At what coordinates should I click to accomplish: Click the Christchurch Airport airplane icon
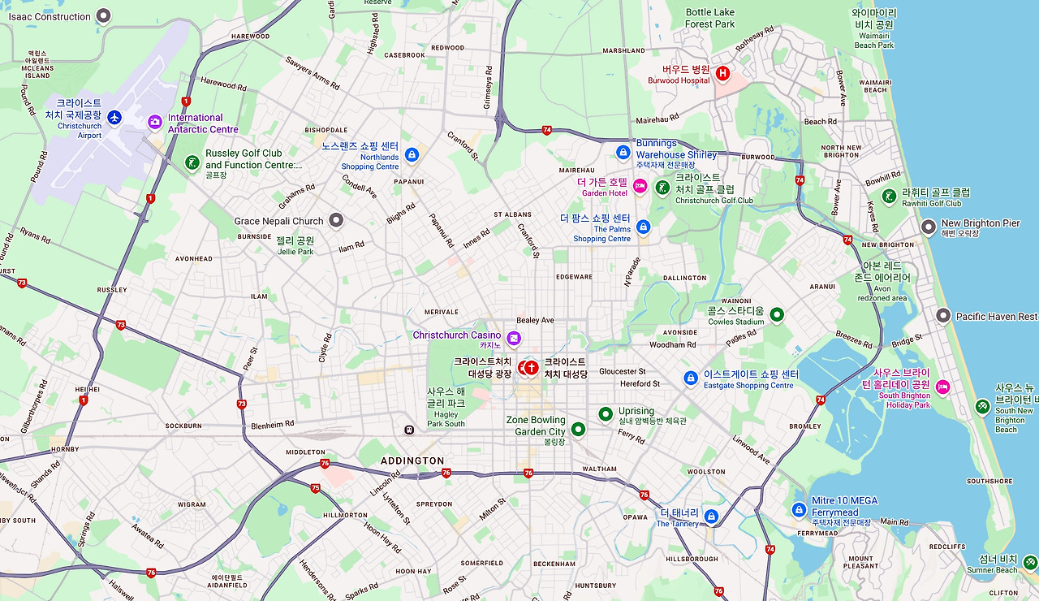(x=114, y=119)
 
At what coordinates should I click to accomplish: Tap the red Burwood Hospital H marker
(x=722, y=74)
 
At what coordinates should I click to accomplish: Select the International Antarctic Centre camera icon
(x=155, y=122)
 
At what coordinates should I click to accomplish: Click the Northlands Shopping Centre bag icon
(x=412, y=154)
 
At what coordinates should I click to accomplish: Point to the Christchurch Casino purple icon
(x=513, y=337)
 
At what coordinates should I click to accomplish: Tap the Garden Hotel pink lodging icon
(x=640, y=187)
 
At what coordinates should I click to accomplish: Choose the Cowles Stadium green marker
(x=776, y=314)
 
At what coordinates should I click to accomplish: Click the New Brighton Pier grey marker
(x=929, y=227)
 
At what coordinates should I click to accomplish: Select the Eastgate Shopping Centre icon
(x=691, y=378)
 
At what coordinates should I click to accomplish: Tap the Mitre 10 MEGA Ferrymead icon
(x=799, y=509)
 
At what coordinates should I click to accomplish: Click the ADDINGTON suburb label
(x=412, y=460)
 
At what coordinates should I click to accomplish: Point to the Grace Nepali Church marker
(x=336, y=220)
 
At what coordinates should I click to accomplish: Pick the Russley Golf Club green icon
(x=192, y=162)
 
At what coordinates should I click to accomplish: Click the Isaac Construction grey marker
(x=103, y=15)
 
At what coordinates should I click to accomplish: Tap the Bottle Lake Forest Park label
(x=709, y=18)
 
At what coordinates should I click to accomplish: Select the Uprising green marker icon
(x=605, y=414)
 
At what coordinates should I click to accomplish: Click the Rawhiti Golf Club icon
(x=889, y=196)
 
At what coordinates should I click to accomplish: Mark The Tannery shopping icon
(x=711, y=516)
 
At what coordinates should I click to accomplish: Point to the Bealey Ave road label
(x=535, y=320)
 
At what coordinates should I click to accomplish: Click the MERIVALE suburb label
(x=442, y=312)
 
